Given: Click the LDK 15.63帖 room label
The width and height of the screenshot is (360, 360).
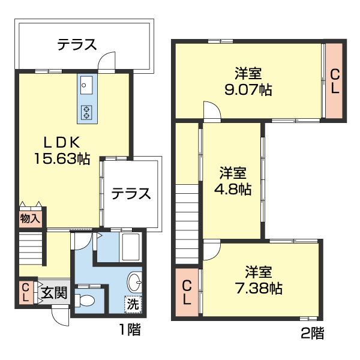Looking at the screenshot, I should tap(61, 151).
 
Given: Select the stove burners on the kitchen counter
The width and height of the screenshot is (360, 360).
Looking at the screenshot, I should tap(86, 111).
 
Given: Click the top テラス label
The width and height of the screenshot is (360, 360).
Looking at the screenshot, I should tap(77, 44).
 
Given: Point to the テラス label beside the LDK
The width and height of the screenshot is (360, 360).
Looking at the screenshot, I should tap(131, 194).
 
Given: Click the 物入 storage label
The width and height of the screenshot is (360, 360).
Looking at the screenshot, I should tap(29, 218).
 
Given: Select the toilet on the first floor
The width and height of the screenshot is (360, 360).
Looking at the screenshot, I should tap(86, 299).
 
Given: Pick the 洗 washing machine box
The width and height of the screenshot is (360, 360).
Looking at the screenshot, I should tap(133, 304).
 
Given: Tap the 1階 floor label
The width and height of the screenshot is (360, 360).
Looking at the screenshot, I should tap(130, 329).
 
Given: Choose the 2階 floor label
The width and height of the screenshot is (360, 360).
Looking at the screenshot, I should tap(312, 331).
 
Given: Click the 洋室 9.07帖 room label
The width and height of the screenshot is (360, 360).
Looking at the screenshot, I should tap(248, 82).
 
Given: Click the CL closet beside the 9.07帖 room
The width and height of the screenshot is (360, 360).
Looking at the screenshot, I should tap(335, 81).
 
